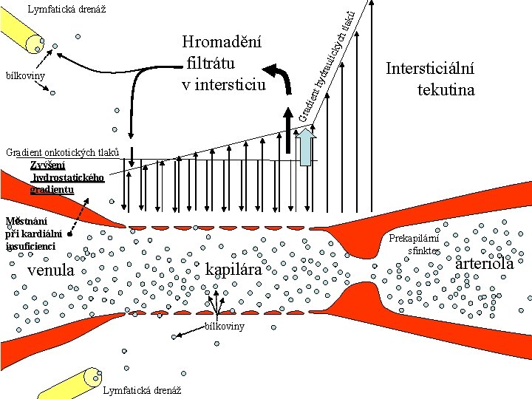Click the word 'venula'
click(51, 270)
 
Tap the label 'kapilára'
click(233, 270)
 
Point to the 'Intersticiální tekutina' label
click(430, 79)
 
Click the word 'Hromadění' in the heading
click(222, 41)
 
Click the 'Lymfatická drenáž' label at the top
click(66, 10)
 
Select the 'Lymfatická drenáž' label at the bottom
click(144, 390)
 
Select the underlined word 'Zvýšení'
click(48, 166)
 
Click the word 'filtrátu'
click(213, 63)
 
